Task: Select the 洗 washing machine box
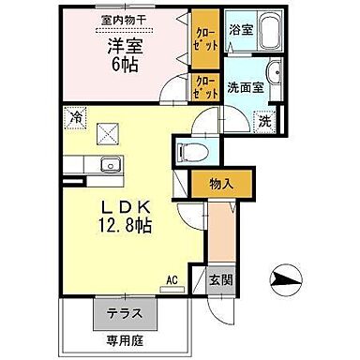tap(264, 121)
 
